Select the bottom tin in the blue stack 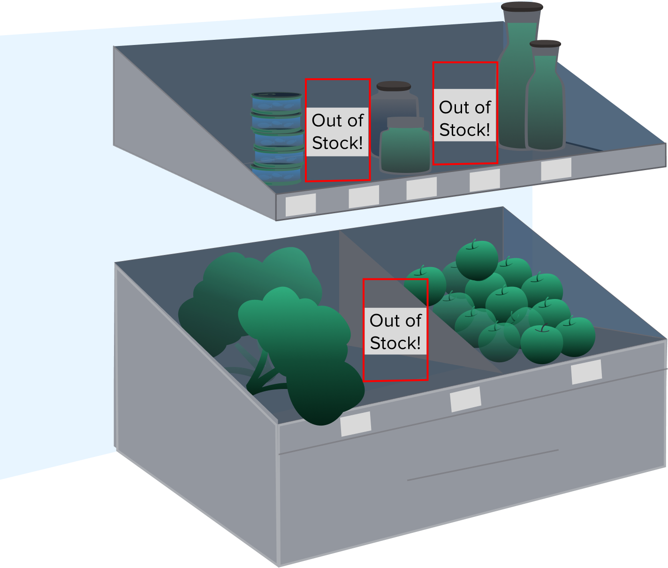tap(276, 174)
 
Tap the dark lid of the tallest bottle tap(522, 7)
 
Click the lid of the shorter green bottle tap(545, 44)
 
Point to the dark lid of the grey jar tap(394, 86)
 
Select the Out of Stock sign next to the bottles tap(464, 118)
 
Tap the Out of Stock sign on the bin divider tap(395, 331)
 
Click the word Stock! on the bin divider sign tap(395, 343)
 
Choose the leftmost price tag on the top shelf tap(301, 205)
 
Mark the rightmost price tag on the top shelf tap(556, 169)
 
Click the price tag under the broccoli tap(356, 424)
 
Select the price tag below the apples tap(586, 372)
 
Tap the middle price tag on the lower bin tap(465, 399)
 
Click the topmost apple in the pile tap(477, 259)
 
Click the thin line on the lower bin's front tap(483, 465)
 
